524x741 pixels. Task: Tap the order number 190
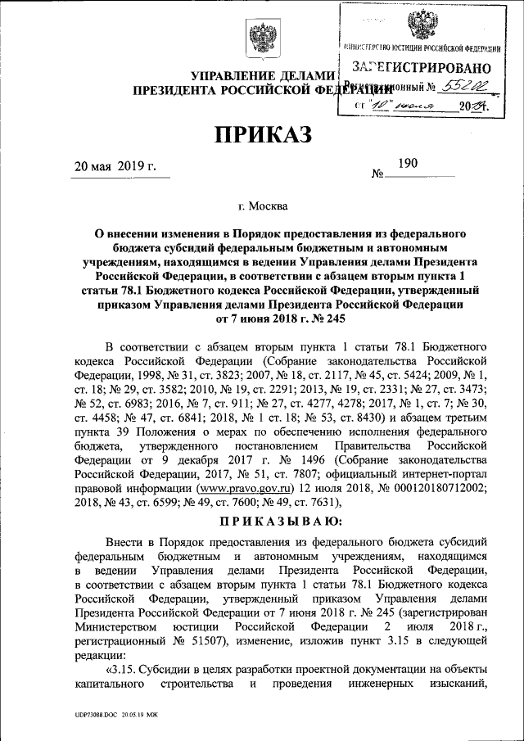[407, 164]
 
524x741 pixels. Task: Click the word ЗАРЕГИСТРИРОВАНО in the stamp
[422, 67]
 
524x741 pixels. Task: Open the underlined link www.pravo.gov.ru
[230, 489]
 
